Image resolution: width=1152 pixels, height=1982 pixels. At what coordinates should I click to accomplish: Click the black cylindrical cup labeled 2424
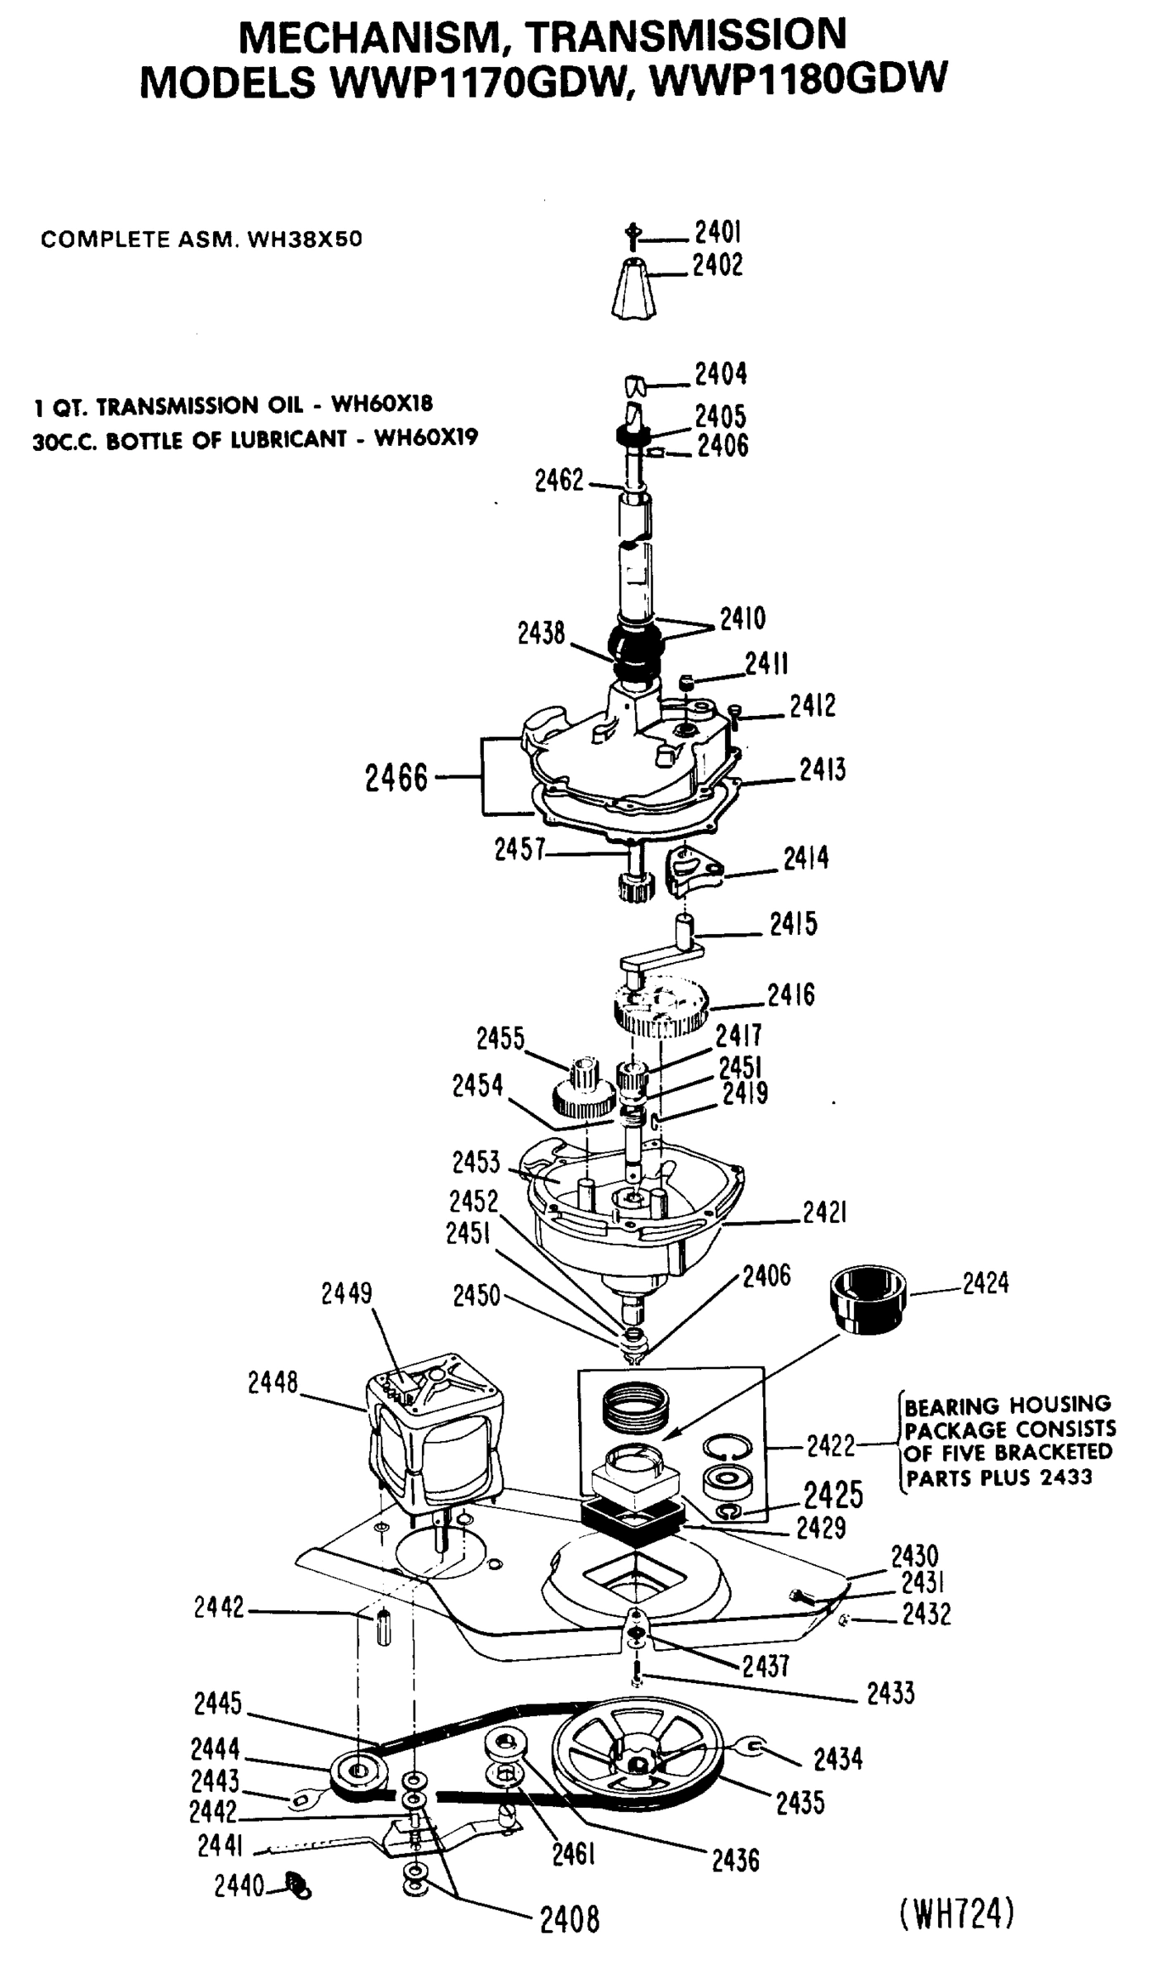coord(866,1296)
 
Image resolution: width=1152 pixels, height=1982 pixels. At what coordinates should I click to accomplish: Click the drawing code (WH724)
coord(955,1890)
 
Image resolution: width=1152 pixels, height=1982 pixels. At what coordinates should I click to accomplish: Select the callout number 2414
coord(805,858)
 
